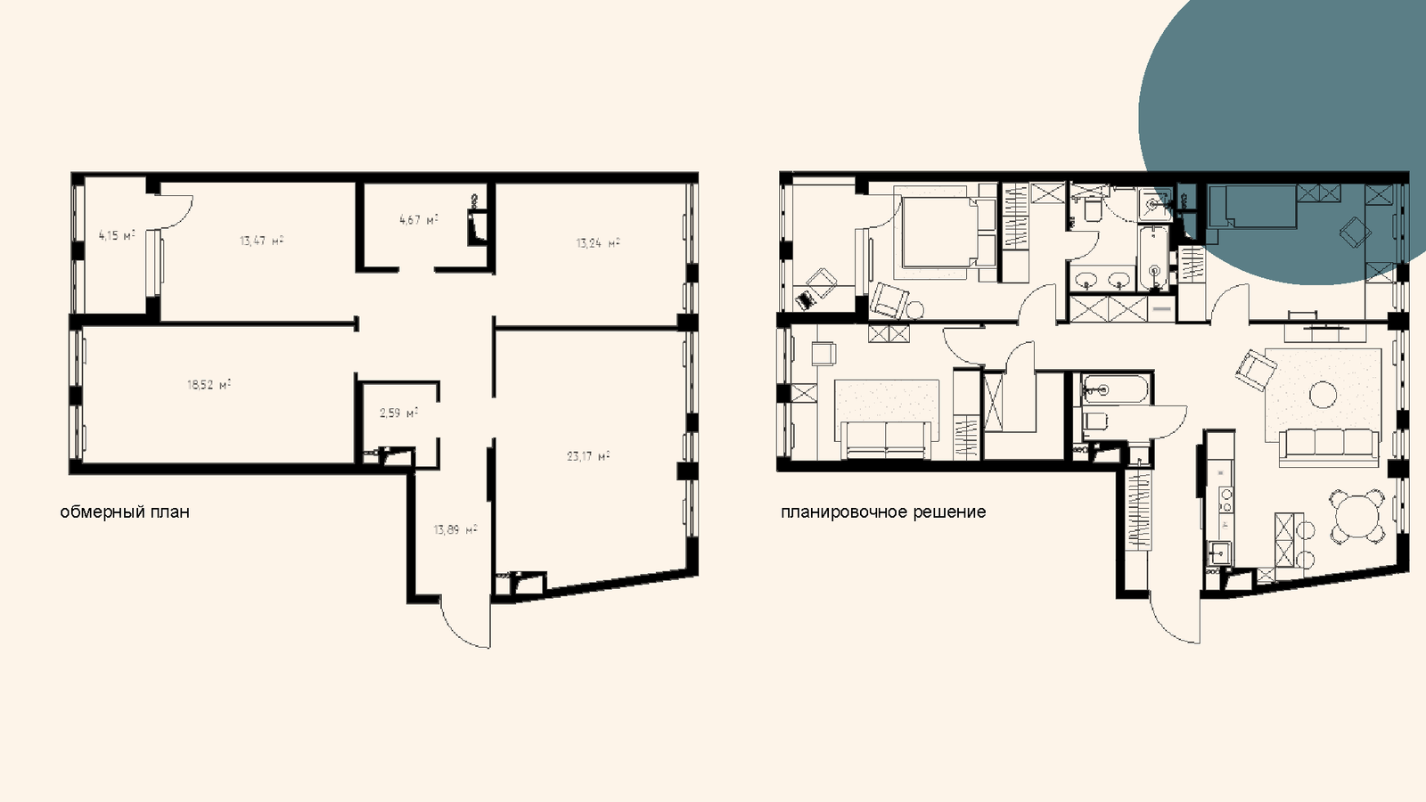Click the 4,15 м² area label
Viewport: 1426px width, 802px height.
pyautogui.click(x=117, y=235)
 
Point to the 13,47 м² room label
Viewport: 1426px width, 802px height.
pyautogui.click(x=262, y=241)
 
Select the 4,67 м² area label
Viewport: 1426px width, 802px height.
pyautogui.click(x=419, y=220)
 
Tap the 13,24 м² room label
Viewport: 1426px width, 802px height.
pyautogui.click(x=598, y=242)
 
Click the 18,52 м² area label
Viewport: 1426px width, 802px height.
pyautogui.click(x=209, y=384)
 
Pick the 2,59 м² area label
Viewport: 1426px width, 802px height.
pyautogui.click(x=398, y=413)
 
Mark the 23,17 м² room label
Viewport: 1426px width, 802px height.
pyautogui.click(x=588, y=455)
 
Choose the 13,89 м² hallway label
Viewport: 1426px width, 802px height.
pyautogui.click(x=455, y=529)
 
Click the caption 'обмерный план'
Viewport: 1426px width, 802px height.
pyautogui.click(x=125, y=511)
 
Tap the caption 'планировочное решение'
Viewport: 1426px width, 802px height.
pyautogui.click(x=883, y=511)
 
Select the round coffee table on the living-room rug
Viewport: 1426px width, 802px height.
pyautogui.click(x=1324, y=395)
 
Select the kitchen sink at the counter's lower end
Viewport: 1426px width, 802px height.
pyautogui.click(x=1218, y=552)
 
